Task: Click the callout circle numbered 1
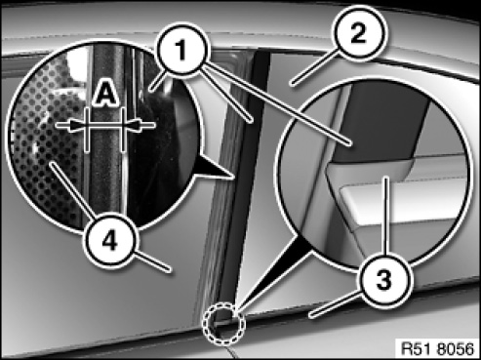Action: [x=181, y=50]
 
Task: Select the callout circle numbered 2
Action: [x=358, y=34]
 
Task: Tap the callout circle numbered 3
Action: [x=383, y=280]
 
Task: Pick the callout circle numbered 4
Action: [x=110, y=242]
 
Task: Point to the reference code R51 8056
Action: [x=437, y=349]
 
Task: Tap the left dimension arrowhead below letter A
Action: [x=78, y=125]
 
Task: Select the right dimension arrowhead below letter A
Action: [x=133, y=125]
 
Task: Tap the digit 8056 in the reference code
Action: [x=456, y=349]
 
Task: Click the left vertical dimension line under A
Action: [x=87, y=130]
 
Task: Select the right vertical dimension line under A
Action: [x=123, y=130]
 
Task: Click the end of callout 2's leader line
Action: [x=293, y=84]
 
